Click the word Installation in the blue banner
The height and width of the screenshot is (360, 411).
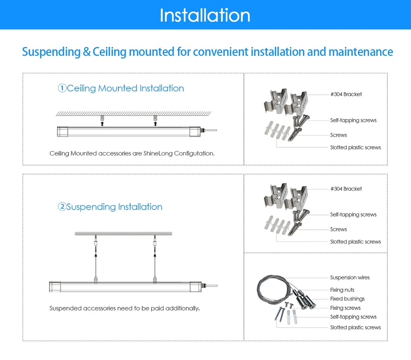(x=205, y=15)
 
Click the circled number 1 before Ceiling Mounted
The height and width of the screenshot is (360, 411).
(x=62, y=88)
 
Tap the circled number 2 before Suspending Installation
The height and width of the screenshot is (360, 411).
(x=62, y=207)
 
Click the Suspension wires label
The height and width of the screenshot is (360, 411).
(x=350, y=277)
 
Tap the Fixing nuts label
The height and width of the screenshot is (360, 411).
(x=342, y=290)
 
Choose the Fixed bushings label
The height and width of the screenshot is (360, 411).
(x=347, y=299)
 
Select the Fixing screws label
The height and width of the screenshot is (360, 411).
(x=345, y=308)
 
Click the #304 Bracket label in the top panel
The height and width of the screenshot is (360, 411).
(x=346, y=94)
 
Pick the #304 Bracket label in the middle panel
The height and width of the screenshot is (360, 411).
(x=346, y=189)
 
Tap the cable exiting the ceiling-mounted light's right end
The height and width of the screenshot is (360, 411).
(x=209, y=131)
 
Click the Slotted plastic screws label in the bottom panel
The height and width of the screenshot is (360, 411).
(x=355, y=327)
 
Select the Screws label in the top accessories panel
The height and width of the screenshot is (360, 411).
(x=338, y=135)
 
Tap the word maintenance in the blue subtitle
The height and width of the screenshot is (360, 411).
(x=361, y=52)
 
